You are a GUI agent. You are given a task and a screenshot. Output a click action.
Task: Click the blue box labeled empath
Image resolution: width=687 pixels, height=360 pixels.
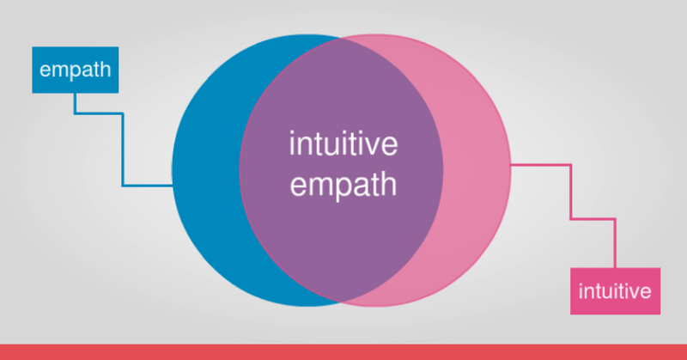coord(76,70)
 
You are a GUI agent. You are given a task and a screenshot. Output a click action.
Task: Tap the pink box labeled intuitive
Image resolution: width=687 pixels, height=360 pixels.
coord(615,291)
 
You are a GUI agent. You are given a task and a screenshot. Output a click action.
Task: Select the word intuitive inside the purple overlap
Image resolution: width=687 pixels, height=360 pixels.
coord(343,143)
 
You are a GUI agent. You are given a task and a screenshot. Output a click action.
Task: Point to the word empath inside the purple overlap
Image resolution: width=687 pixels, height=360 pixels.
coord(343,185)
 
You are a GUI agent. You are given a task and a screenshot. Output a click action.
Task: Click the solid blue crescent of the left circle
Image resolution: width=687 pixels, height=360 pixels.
coord(206,170)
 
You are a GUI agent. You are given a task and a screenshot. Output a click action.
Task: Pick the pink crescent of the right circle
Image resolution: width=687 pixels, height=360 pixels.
coord(477,170)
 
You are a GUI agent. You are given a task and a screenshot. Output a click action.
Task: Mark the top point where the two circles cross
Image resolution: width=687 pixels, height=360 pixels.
coord(341,38)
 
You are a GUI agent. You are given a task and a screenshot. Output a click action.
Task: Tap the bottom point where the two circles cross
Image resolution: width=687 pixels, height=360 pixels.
coord(341,302)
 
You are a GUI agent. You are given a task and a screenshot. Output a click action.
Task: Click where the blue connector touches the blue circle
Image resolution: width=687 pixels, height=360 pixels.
coord(173,186)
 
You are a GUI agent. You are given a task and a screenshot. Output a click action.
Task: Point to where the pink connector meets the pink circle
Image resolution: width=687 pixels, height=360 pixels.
coord(511,165)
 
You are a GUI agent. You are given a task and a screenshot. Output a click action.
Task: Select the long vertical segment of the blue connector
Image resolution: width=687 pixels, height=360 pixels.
coord(123,150)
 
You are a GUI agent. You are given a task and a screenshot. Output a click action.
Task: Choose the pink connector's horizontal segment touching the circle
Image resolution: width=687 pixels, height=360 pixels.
coord(541,165)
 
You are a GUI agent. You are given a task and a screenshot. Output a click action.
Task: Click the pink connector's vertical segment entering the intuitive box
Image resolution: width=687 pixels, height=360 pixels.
coord(615,243)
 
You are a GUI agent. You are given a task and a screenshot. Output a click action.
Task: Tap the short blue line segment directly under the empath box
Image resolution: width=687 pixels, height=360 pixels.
coord(75,103)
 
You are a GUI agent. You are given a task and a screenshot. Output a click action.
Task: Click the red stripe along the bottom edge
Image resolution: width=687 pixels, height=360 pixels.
coord(343,352)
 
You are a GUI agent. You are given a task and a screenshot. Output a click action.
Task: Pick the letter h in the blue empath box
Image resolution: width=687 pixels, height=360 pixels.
coord(106,69)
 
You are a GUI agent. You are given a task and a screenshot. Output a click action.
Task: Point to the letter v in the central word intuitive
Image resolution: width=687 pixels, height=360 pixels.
coord(374,146)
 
